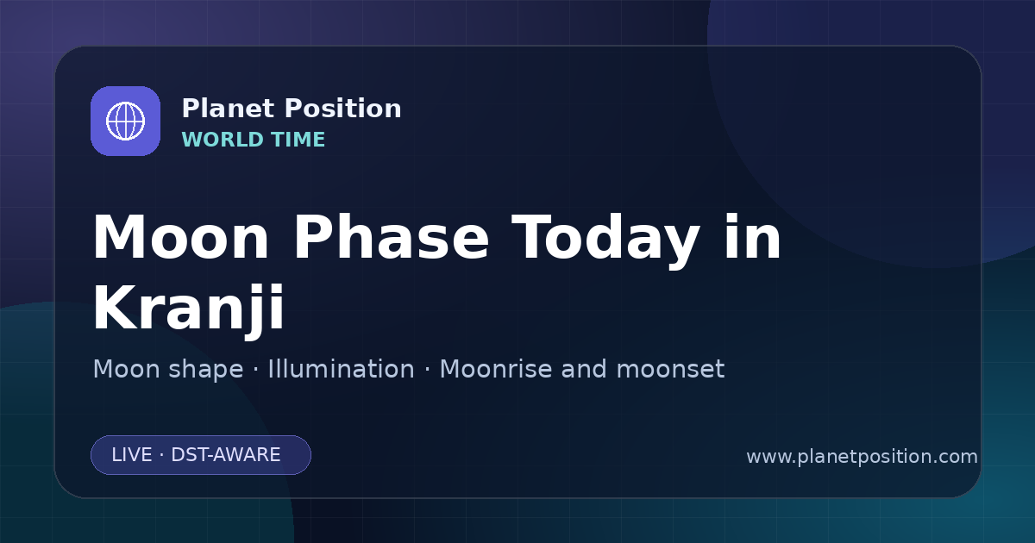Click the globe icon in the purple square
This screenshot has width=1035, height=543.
[125, 121]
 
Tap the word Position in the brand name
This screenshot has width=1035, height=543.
[343, 109]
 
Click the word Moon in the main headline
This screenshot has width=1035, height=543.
[180, 238]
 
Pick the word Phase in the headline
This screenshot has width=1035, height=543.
[391, 237]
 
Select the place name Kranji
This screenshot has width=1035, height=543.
[189, 309]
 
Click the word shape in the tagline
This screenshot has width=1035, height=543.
[206, 370]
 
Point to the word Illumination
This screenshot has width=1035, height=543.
[341, 369]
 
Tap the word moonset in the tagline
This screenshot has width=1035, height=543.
[670, 370]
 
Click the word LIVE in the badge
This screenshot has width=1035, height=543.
[132, 455]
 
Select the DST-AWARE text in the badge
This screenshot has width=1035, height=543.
[226, 455]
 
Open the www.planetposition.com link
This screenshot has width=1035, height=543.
[862, 457]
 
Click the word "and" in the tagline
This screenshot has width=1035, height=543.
[583, 369]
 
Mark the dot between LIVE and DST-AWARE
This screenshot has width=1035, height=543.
[162, 455]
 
